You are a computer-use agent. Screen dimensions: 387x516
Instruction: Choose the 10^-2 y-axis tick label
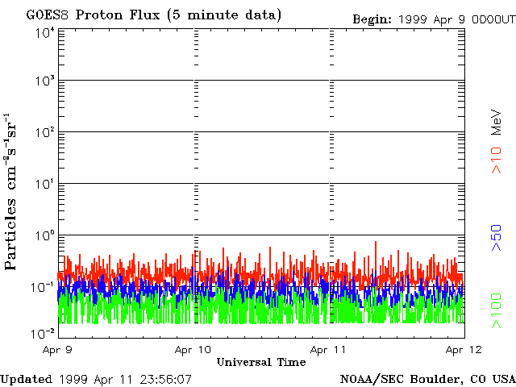[44, 334]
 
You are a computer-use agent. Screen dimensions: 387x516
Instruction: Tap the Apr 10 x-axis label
[193, 350]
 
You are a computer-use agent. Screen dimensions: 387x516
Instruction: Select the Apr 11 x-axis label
[329, 350]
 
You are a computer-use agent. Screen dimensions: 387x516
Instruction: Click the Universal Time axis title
[261, 363]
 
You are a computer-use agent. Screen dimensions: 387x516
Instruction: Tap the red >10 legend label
[497, 160]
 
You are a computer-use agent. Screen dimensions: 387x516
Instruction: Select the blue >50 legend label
[497, 239]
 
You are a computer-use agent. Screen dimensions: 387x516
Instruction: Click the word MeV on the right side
[497, 123]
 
